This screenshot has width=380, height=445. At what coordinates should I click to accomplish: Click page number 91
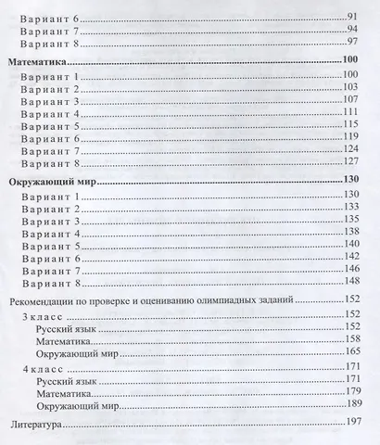(x=352, y=18)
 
